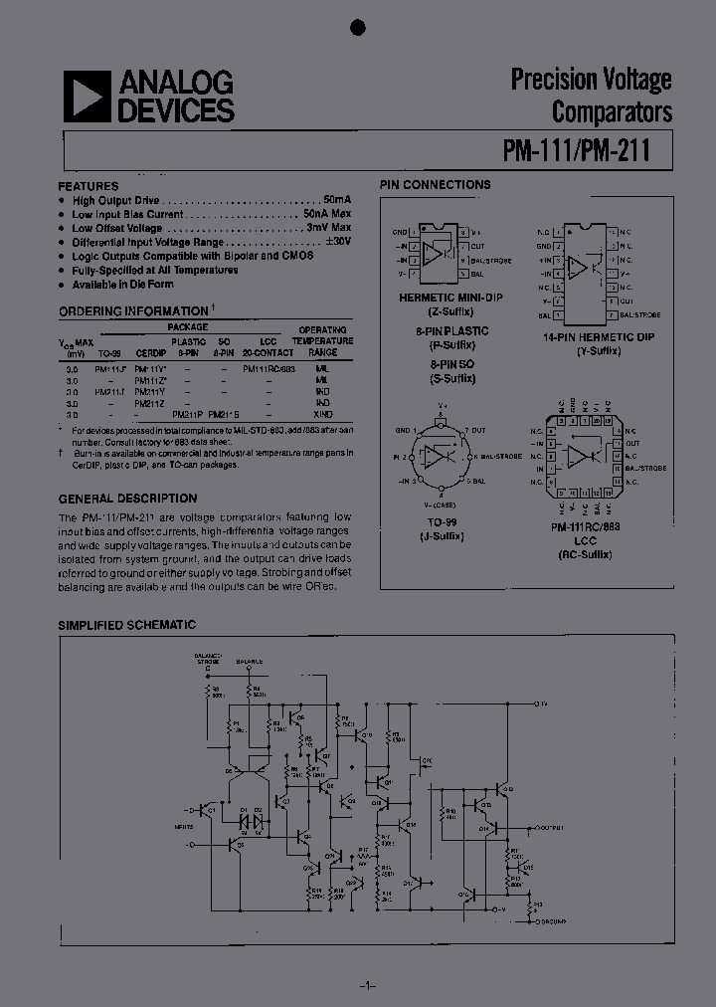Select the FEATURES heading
[89, 186]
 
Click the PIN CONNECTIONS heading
[435, 185]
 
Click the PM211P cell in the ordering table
[187, 413]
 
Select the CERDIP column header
[150, 352]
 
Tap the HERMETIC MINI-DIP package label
[439, 298]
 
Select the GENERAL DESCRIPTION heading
[127, 498]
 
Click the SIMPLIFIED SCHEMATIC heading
[126, 625]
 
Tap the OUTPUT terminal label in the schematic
[550, 827]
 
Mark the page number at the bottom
[364, 985]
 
